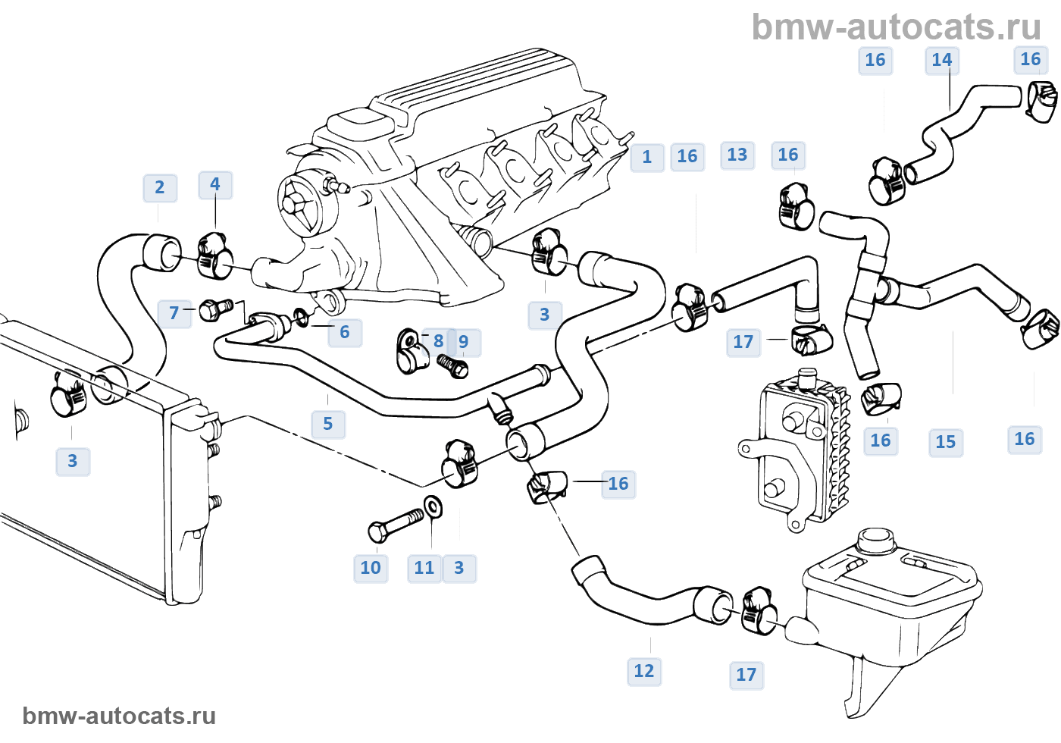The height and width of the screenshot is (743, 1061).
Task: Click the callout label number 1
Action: pos(647,158)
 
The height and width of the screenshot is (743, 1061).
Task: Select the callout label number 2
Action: pos(160,188)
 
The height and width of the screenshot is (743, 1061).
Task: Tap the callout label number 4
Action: pos(215,185)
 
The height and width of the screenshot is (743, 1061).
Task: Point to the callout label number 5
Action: pos(328,425)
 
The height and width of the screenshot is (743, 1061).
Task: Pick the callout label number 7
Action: pos(174,313)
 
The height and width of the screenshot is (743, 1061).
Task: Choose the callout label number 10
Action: pos(371,569)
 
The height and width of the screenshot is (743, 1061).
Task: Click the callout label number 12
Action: pos(644,672)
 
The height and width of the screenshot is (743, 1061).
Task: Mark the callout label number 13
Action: pos(737,155)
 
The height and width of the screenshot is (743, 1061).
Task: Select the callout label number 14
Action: pos(942,61)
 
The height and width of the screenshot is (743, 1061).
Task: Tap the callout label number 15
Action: pos(946,443)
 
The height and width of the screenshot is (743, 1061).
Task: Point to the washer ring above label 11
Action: pos(433,506)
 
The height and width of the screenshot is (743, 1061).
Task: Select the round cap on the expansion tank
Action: pos(875,541)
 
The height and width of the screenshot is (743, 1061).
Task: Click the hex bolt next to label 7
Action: pos(216,309)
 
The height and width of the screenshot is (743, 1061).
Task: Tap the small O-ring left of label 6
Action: pos(301,317)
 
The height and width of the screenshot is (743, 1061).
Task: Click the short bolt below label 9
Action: pos(453,368)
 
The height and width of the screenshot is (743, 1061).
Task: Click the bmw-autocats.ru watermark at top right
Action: pos(896,27)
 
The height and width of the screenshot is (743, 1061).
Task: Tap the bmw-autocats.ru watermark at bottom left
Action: pos(119,716)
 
